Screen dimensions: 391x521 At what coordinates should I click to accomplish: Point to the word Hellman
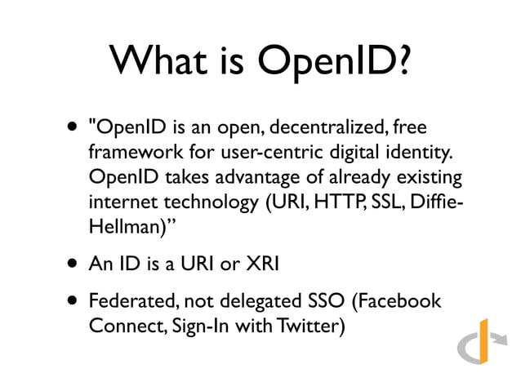coord(122,226)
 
